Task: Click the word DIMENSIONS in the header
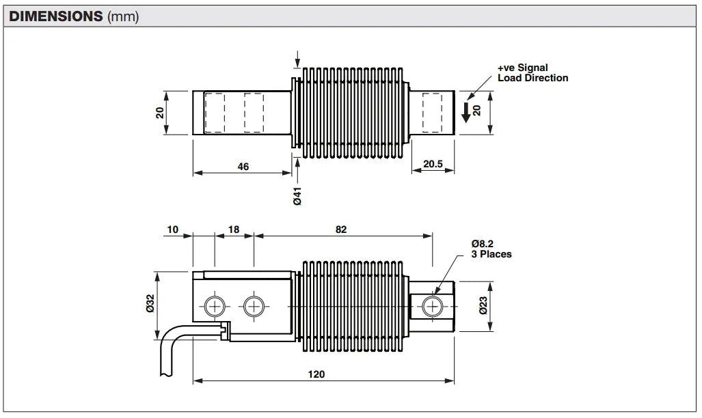56,16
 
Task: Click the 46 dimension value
243,167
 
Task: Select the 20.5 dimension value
433,164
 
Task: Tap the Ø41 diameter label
297,196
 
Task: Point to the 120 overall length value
316,374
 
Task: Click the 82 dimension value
340,229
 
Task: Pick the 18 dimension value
234,229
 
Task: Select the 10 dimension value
172,229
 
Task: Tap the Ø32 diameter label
150,303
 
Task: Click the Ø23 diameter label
483,306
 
